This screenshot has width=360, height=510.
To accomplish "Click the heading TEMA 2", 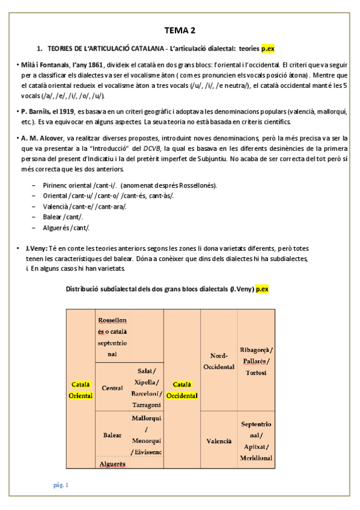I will coord(180,31).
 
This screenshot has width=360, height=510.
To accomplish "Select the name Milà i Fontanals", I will coord(44,65).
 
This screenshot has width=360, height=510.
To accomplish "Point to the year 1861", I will coord(95,65).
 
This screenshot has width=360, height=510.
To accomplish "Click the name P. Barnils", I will coord(36,112).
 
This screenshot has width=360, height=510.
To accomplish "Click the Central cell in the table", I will coord(112,388).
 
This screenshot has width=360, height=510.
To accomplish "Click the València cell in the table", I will coord(219,441).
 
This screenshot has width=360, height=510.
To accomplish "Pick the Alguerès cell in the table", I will coord(112,464).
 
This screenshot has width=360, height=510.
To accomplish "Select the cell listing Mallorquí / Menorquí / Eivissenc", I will coord(147,434).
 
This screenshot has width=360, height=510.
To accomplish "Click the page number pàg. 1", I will coord(60,485).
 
